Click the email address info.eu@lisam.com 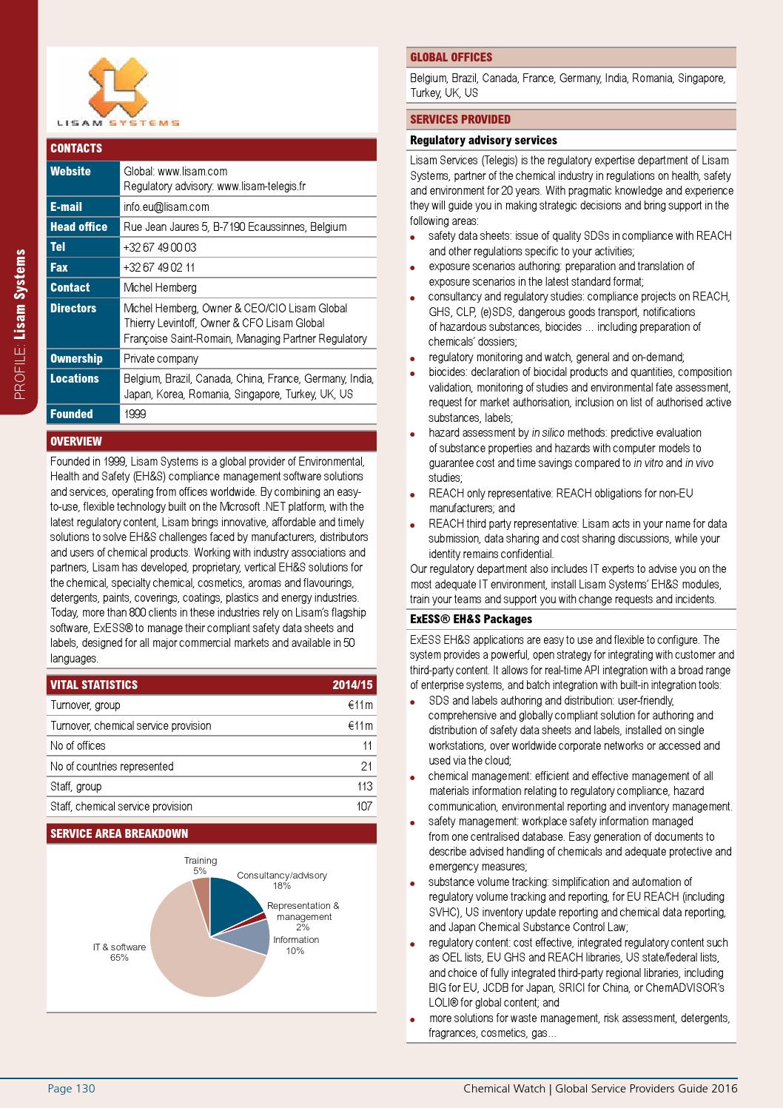(x=166, y=207)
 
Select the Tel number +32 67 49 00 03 (x=160, y=247)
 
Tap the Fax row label (x=59, y=267)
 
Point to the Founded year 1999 (x=135, y=414)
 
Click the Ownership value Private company (x=161, y=358)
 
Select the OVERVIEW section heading (x=76, y=442)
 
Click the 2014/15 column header (x=352, y=685)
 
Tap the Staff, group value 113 (x=364, y=786)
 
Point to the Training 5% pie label (x=200, y=865)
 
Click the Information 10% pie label (x=295, y=945)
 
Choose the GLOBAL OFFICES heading (x=451, y=58)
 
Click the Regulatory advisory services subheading (x=483, y=141)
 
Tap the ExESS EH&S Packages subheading (x=471, y=620)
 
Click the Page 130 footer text (x=72, y=1088)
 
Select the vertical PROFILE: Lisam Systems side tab (x=21, y=323)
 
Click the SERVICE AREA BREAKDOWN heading (x=119, y=833)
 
